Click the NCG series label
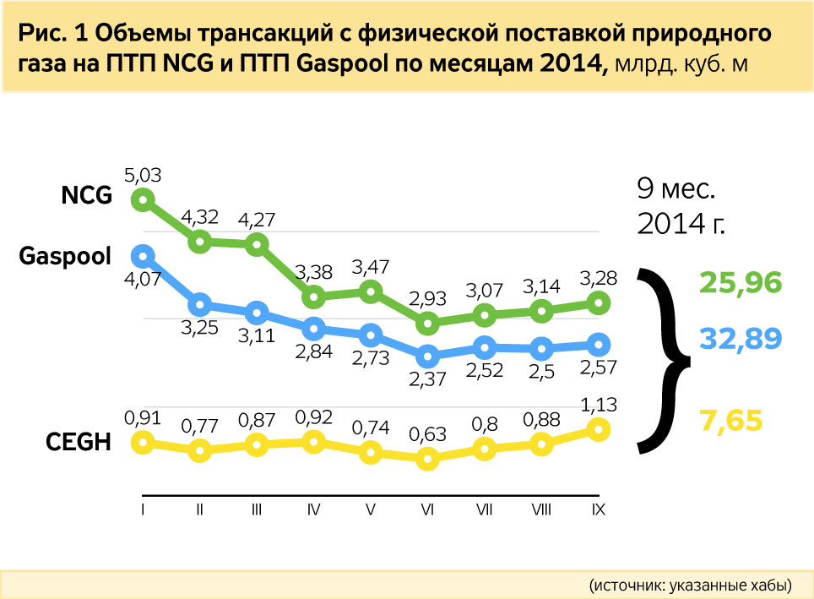click(86, 197)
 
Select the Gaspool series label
click(65, 255)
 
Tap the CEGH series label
click(78, 441)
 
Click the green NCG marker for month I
click(143, 199)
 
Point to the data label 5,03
click(143, 175)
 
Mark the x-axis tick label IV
click(313, 510)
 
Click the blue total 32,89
click(741, 340)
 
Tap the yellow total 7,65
click(730, 420)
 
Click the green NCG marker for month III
click(257, 245)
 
